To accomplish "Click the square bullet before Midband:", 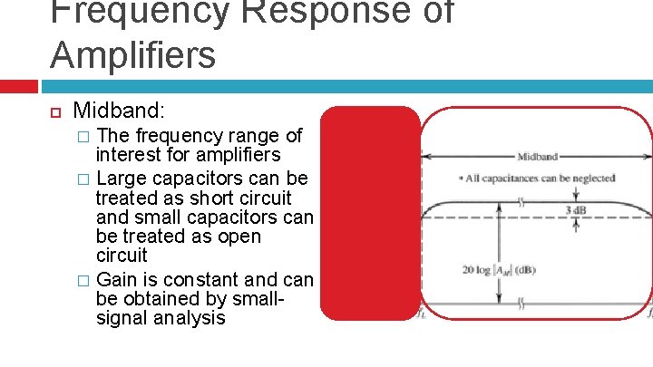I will [54, 113].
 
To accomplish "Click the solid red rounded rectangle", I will [371, 213].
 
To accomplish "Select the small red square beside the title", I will [18, 86].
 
